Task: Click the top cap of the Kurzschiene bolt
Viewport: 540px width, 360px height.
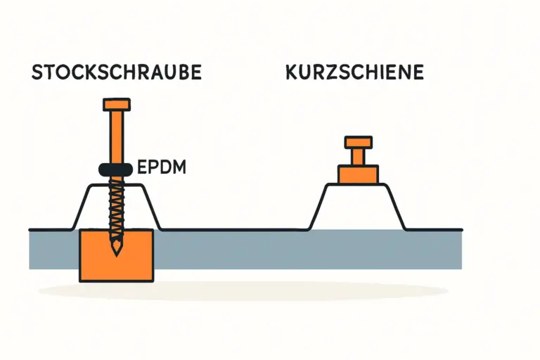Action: (x=357, y=141)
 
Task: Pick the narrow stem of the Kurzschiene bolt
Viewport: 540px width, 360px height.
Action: (x=357, y=155)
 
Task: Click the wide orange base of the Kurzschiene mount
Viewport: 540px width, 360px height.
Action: (x=357, y=174)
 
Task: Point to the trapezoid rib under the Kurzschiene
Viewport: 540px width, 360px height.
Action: (x=357, y=207)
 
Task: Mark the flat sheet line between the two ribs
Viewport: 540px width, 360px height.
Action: (x=232, y=229)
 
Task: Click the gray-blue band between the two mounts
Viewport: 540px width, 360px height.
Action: (x=232, y=249)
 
